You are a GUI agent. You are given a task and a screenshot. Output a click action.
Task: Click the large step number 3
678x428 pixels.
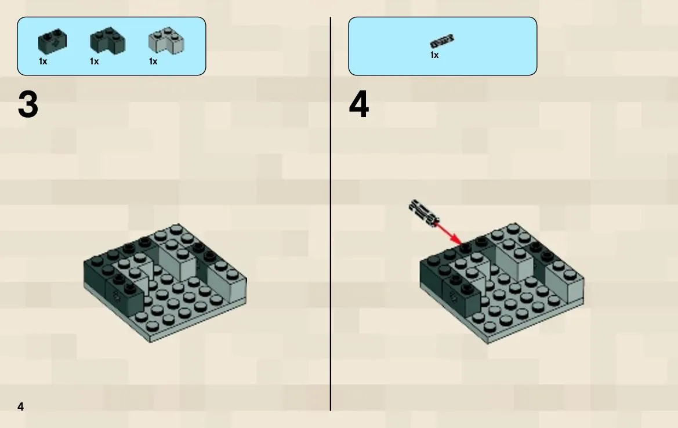(28, 104)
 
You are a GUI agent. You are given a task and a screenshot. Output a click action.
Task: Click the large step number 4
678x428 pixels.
(359, 104)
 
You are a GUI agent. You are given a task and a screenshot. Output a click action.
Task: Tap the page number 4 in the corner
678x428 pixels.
(20, 407)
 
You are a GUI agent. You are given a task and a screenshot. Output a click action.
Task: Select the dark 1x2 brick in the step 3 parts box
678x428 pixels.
(52, 42)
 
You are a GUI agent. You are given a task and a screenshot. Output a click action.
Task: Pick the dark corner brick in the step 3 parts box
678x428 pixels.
(108, 41)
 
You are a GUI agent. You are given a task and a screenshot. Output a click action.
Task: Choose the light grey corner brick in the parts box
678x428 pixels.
(166, 41)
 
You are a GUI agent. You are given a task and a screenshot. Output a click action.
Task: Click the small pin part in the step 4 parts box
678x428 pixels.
(442, 41)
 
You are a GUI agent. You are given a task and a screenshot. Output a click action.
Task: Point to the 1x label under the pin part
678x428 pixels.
(434, 55)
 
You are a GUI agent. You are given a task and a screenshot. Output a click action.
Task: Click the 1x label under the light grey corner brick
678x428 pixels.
(153, 61)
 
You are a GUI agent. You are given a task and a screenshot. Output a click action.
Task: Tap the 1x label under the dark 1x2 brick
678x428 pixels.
(43, 61)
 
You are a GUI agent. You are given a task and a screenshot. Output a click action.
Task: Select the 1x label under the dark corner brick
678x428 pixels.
(95, 61)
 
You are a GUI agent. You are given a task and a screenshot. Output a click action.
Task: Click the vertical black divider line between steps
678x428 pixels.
(331, 214)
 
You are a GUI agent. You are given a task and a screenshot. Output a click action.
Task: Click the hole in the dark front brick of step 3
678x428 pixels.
(117, 296)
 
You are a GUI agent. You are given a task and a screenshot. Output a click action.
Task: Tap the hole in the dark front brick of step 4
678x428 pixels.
(453, 297)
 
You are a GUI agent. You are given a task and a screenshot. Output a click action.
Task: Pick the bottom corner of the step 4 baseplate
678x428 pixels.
(488, 344)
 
